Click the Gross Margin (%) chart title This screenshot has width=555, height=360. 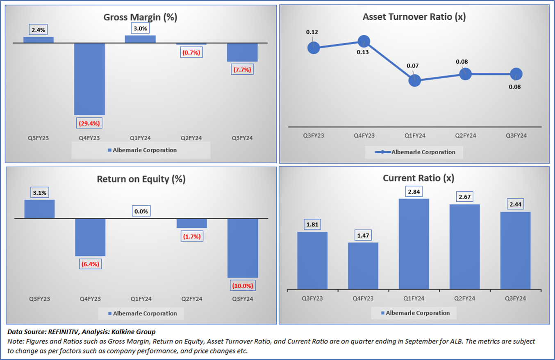click(140, 17)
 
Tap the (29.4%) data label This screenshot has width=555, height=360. click(89, 123)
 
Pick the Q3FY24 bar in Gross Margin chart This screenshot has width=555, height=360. click(242, 52)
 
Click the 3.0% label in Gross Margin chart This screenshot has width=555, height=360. click(140, 29)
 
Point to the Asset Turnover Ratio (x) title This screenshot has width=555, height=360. click(414, 17)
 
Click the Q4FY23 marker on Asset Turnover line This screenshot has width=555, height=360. click(364, 41)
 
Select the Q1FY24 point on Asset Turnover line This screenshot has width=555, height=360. click(414, 80)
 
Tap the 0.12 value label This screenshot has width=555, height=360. click(312, 32)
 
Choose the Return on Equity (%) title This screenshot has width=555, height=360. click(141, 179)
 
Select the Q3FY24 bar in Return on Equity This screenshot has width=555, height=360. click(243, 248)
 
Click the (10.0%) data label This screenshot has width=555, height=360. click(243, 285)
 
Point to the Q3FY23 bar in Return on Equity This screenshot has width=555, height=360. click(39, 209)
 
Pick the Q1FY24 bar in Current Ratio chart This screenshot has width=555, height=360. click(414, 244)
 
